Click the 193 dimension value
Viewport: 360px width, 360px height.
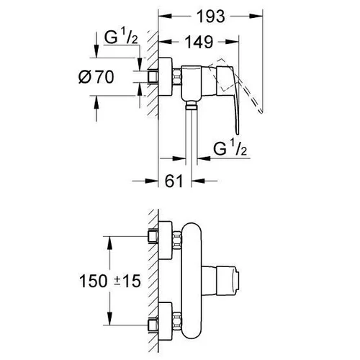coord(211,17)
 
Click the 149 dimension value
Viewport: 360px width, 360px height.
coord(199,42)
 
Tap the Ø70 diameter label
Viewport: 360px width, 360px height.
coord(96,77)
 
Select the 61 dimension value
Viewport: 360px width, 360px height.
coord(174,181)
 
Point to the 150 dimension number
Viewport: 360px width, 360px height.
coord(93,281)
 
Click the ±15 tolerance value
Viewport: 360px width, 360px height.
coord(127,281)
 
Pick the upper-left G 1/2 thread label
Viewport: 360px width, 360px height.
coord(121,37)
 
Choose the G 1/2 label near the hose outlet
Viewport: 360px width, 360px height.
coord(230,148)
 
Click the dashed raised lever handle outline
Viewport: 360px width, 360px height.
coord(235,84)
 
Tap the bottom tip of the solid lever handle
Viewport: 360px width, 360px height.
coord(238,134)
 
